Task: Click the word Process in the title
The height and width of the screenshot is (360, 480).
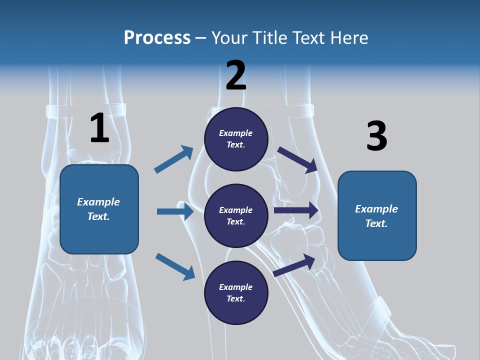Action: pyautogui.click(x=157, y=37)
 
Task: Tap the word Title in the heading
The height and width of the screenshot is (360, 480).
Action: pyautogui.click(x=268, y=37)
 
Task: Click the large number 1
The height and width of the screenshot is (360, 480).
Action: pyautogui.click(x=99, y=128)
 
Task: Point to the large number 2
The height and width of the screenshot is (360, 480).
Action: pyautogui.click(x=236, y=75)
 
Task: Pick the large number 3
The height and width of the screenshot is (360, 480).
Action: pyautogui.click(x=376, y=136)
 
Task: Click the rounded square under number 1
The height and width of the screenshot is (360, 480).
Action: pyautogui.click(x=99, y=209)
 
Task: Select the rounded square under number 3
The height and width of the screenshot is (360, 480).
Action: pyautogui.click(x=377, y=216)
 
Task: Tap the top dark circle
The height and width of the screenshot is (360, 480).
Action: pyautogui.click(x=236, y=139)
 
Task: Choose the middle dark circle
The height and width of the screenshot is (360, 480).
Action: pyautogui.click(x=236, y=216)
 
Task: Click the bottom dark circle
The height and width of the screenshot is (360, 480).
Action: pyautogui.click(x=236, y=293)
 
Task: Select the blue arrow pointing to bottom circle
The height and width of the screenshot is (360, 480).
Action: pyautogui.click(x=175, y=266)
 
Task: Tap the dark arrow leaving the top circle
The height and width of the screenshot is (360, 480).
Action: pyautogui.click(x=297, y=159)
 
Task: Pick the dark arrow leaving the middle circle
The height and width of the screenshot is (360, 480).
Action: pyautogui.click(x=296, y=210)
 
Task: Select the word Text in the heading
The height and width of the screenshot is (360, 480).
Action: pyautogui.click(x=307, y=37)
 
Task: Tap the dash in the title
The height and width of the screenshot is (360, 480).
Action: pyautogui.click(x=200, y=38)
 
